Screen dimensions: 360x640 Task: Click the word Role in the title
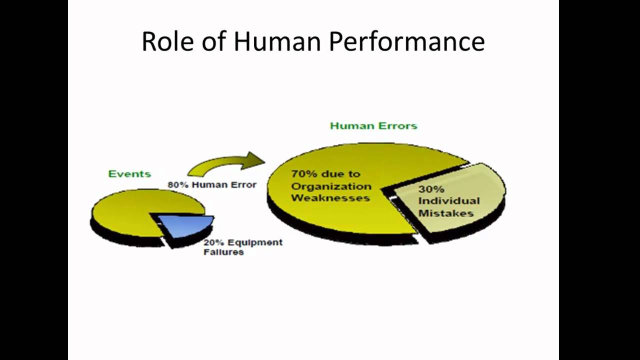tap(168, 41)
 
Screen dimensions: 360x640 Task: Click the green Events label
tap(129, 174)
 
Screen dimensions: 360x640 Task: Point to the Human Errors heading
tap(373, 126)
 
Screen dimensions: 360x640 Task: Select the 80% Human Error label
tap(212, 184)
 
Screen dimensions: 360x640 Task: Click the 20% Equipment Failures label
tap(242, 247)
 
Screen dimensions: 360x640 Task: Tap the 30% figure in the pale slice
tap(431, 189)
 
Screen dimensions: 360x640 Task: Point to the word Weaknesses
tap(330, 198)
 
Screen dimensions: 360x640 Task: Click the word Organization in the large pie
tap(331, 186)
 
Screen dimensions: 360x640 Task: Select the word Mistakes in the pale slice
tap(446, 213)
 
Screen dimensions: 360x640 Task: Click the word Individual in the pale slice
tap(449, 201)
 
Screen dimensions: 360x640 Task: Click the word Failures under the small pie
tap(223, 252)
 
